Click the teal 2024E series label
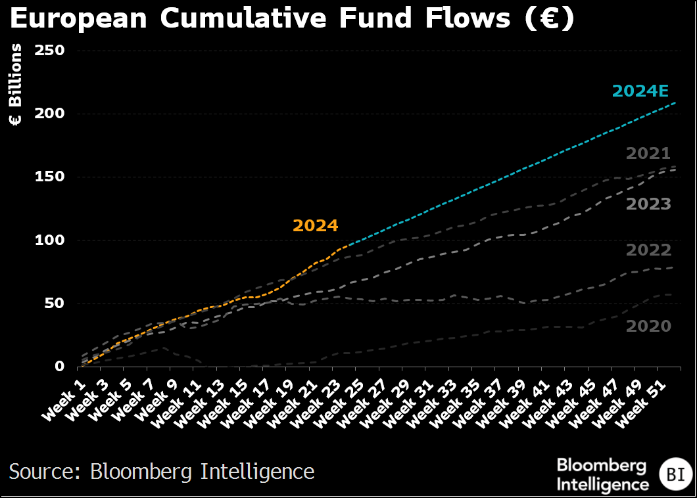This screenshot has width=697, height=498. (x=641, y=91)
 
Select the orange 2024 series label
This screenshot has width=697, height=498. (x=315, y=226)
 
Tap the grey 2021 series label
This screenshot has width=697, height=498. (x=648, y=154)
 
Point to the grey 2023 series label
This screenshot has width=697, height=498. (x=648, y=204)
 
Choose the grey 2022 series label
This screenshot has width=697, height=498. (x=648, y=250)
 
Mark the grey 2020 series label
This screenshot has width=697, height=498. (x=648, y=326)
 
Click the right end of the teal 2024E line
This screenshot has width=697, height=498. (x=675, y=102)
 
